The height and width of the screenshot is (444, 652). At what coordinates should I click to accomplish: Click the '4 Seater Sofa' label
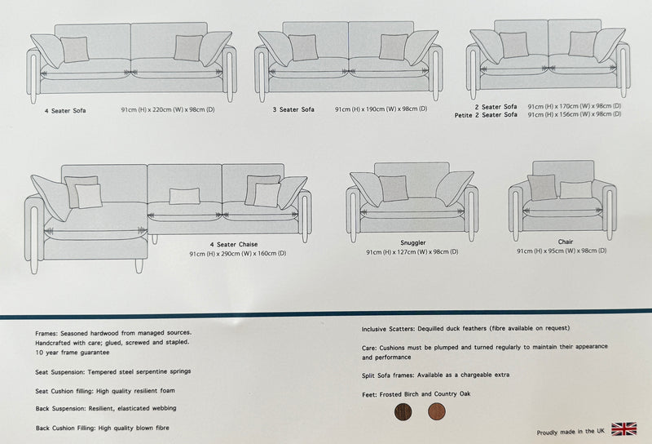pyautogui.click(x=65, y=111)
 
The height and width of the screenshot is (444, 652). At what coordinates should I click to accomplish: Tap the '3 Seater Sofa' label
pyautogui.click(x=293, y=109)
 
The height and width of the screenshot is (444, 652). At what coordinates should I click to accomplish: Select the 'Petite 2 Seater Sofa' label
pyautogui.click(x=486, y=115)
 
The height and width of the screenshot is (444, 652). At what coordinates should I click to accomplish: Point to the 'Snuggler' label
pyautogui.click(x=413, y=243)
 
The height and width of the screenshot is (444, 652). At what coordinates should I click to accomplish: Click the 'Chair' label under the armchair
pyautogui.click(x=566, y=242)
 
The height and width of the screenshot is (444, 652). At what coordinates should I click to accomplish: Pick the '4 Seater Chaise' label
pyautogui.click(x=234, y=245)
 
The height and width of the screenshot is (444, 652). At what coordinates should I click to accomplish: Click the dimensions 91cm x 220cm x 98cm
pyautogui.click(x=168, y=110)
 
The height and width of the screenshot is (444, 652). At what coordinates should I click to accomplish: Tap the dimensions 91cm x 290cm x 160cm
pyautogui.click(x=238, y=254)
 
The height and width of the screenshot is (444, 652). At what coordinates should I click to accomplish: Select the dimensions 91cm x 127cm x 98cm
pyautogui.click(x=412, y=252)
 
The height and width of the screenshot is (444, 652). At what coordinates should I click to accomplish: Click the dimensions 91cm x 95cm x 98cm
pyautogui.click(x=562, y=251)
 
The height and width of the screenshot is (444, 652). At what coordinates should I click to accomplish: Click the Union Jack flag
pyautogui.click(x=623, y=429)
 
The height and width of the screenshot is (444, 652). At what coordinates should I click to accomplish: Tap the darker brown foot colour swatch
pyautogui.click(x=403, y=412)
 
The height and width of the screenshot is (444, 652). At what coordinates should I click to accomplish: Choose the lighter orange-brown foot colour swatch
pyautogui.click(x=437, y=411)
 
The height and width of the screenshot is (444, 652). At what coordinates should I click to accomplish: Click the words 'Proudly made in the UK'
pyautogui.click(x=570, y=433)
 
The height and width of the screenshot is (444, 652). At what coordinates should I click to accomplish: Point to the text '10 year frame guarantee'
pyautogui.click(x=73, y=353)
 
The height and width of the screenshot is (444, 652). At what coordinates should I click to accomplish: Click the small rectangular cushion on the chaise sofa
pyautogui.click(x=184, y=196)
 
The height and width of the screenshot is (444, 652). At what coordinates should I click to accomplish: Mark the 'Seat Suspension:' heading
pyautogui.click(x=59, y=372)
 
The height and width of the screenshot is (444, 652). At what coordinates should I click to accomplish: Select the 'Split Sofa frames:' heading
pyautogui.click(x=388, y=375)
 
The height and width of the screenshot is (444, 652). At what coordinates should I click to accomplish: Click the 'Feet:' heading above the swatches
pyautogui.click(x=369, y=394)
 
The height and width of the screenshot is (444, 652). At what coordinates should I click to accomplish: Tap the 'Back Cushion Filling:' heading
pyautogui.click(x=66, y=428)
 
